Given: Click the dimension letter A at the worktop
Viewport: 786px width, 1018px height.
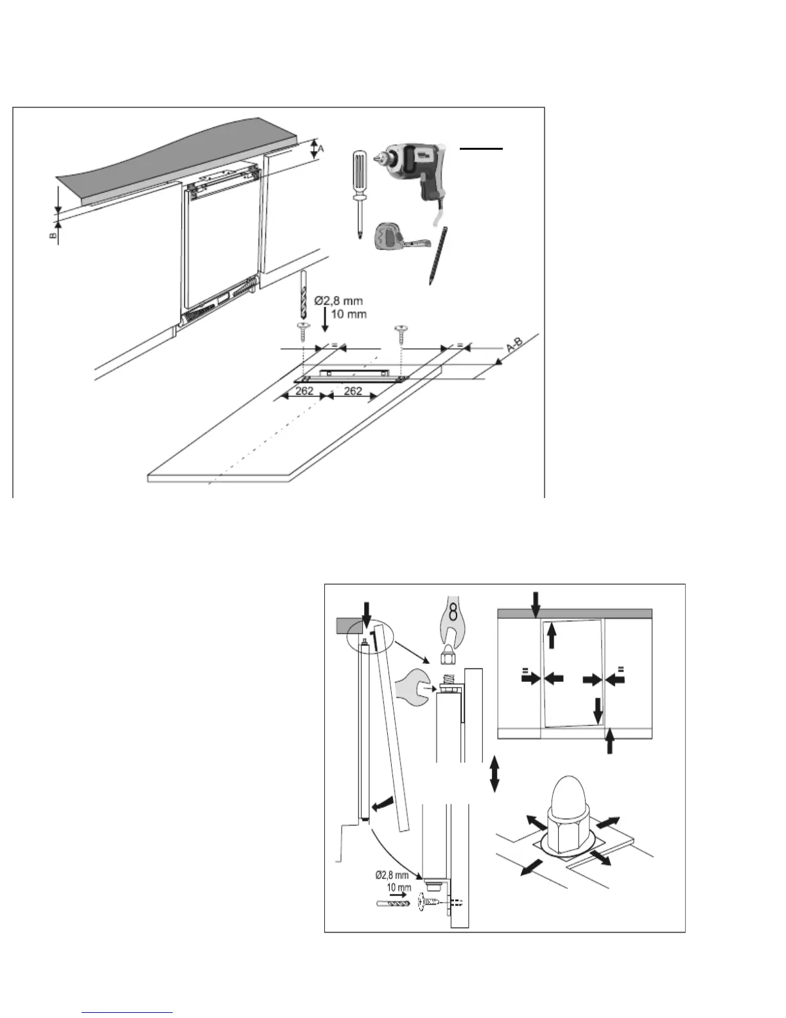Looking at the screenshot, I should click(x=321, y=148).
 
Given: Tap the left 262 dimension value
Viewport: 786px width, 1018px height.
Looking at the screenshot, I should click(x=304, y=391).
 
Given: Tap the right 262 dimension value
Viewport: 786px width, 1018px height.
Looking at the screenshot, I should click(x=353, y=391).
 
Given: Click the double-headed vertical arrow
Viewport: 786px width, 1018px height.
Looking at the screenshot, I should click(x=494, y=774).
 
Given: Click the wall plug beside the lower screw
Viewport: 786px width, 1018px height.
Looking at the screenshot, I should click(x=389, y=902).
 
